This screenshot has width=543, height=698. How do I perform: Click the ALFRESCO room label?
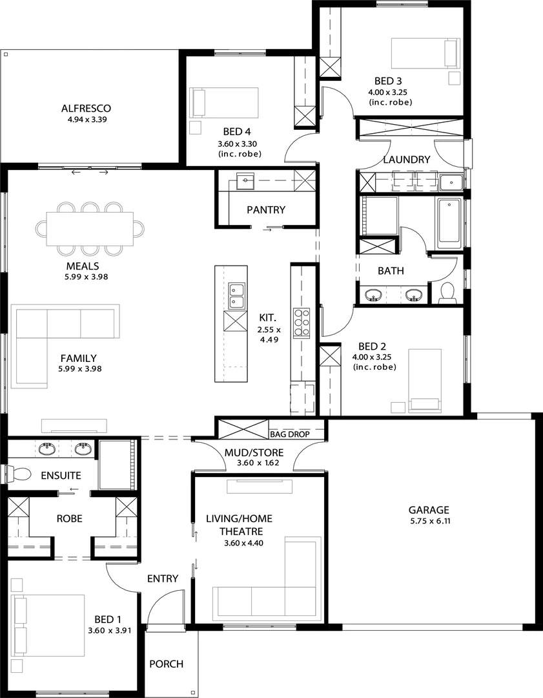87,108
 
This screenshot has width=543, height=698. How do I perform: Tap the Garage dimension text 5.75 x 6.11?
429,521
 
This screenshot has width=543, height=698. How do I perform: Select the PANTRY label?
266,209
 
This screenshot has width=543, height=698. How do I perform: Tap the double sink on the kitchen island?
236,296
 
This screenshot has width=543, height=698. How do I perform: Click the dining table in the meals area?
90,229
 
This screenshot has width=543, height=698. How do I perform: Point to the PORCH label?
166,664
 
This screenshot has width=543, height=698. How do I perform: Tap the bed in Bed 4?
224,102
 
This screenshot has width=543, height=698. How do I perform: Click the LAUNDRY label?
406,160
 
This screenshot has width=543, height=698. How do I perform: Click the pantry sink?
245,182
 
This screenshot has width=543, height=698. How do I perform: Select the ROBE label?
69,518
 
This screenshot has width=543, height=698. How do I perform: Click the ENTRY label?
162,578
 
